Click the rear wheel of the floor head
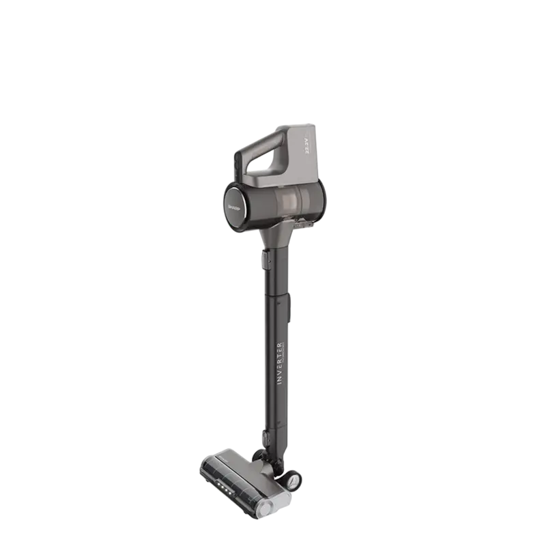(293, 482)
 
